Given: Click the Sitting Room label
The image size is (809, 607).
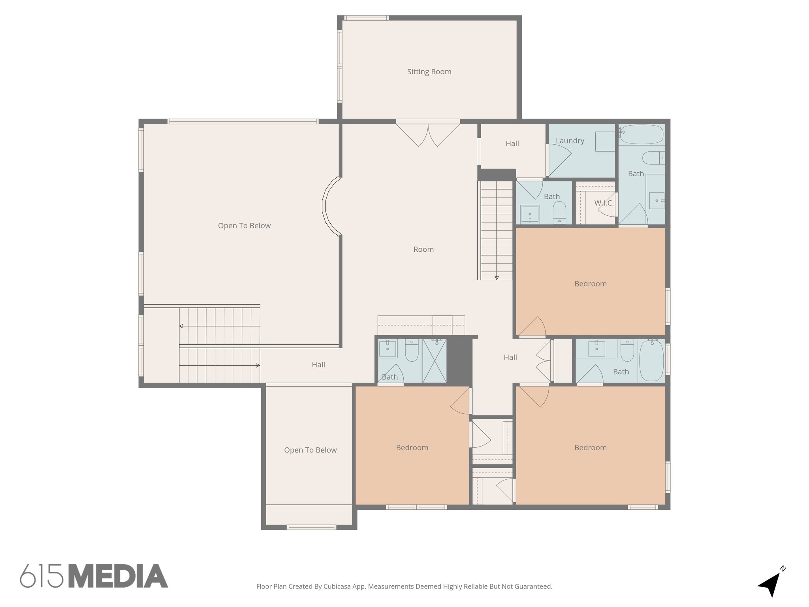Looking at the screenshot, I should [429, 72].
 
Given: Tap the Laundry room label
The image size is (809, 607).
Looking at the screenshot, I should [570, 141].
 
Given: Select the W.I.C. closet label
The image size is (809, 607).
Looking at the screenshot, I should [604, 203].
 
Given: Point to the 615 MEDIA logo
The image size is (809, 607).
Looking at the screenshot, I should [94, 576].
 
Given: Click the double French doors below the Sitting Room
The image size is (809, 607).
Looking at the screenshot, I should [428, 134].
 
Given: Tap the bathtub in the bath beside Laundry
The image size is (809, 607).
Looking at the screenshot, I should [641, 134].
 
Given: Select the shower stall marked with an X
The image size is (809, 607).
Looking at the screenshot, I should [434, 360].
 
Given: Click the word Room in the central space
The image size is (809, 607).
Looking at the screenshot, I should [423, 249].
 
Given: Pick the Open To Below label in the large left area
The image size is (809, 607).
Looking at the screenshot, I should [244, 226].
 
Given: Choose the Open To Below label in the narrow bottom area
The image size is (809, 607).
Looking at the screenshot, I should [310, 450].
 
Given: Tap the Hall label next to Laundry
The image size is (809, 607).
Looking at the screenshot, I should [512, 143].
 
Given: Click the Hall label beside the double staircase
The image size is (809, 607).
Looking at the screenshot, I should [318, 365].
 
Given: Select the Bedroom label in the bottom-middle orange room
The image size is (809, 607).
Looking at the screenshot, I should [412, 448].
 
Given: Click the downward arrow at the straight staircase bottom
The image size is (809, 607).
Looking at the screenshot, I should [497, 277].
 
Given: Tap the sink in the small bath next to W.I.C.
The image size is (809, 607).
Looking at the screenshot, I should [530, 215].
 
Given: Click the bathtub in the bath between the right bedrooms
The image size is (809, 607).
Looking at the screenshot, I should [651, 360].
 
